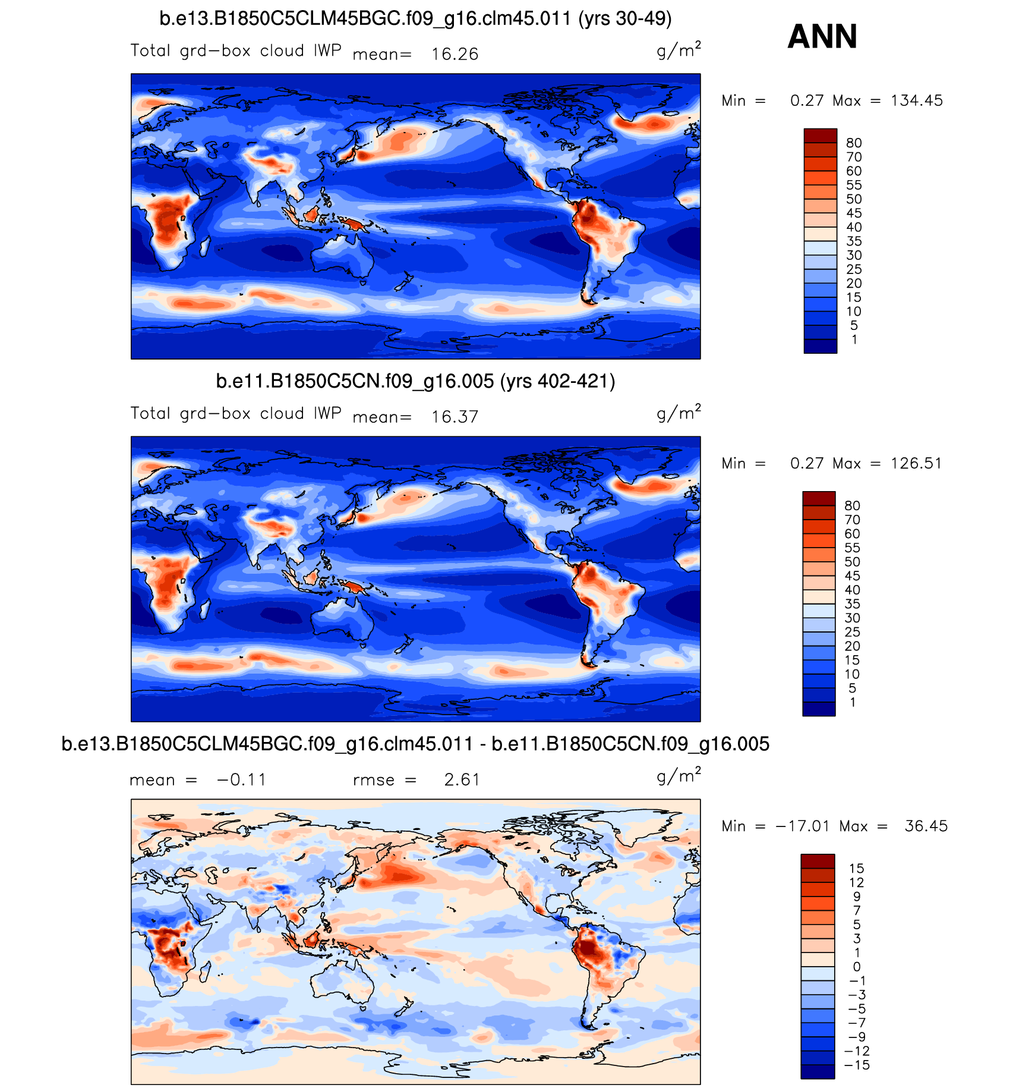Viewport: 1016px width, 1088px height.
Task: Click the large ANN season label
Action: pyautogui.click(x=822, y=37)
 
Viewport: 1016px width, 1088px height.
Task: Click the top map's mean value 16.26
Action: pyautogui.click(x=455, y=55)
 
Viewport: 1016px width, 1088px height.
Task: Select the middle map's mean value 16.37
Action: pyautogui.click(x=455, y=417)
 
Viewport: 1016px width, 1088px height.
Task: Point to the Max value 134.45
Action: pyautogui.click(x=916, y=101)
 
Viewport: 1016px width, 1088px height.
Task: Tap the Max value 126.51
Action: pyautogui.click(x=916, y=464)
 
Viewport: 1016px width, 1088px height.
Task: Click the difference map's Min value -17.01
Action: pyautogui.click(x=802, y=826)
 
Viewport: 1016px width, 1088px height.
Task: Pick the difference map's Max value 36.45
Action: pyautogui.click(x=926, y=826)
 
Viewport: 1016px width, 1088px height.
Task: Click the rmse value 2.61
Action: pyautogui.click(x=462, y=780)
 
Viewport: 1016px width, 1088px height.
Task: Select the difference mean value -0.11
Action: pyautogui.click(x=241, y=780)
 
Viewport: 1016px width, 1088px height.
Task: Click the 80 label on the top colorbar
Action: pyautogui.click(x=854, y=143)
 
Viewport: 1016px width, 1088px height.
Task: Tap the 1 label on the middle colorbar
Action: pyautogui.click(x=853, y=703)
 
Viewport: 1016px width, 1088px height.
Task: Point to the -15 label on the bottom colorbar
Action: pyautogui.click(x=857, y=1065)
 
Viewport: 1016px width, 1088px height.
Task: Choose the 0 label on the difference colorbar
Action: pyautogui.click(x=856, y=967)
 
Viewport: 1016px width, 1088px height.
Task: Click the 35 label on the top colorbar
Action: pyautogui.click(x=854, y=241)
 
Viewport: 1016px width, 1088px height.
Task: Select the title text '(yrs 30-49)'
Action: pyautogui.click(x=625, y=19)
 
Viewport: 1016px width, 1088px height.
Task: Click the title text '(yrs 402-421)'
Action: pyautogui.click(x=557, y=381)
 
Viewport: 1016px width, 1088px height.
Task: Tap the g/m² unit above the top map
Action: pyautogui.click(x=679, y=50)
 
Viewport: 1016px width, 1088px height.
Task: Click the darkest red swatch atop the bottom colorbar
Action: pyautogui.click(x=818, y=861)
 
